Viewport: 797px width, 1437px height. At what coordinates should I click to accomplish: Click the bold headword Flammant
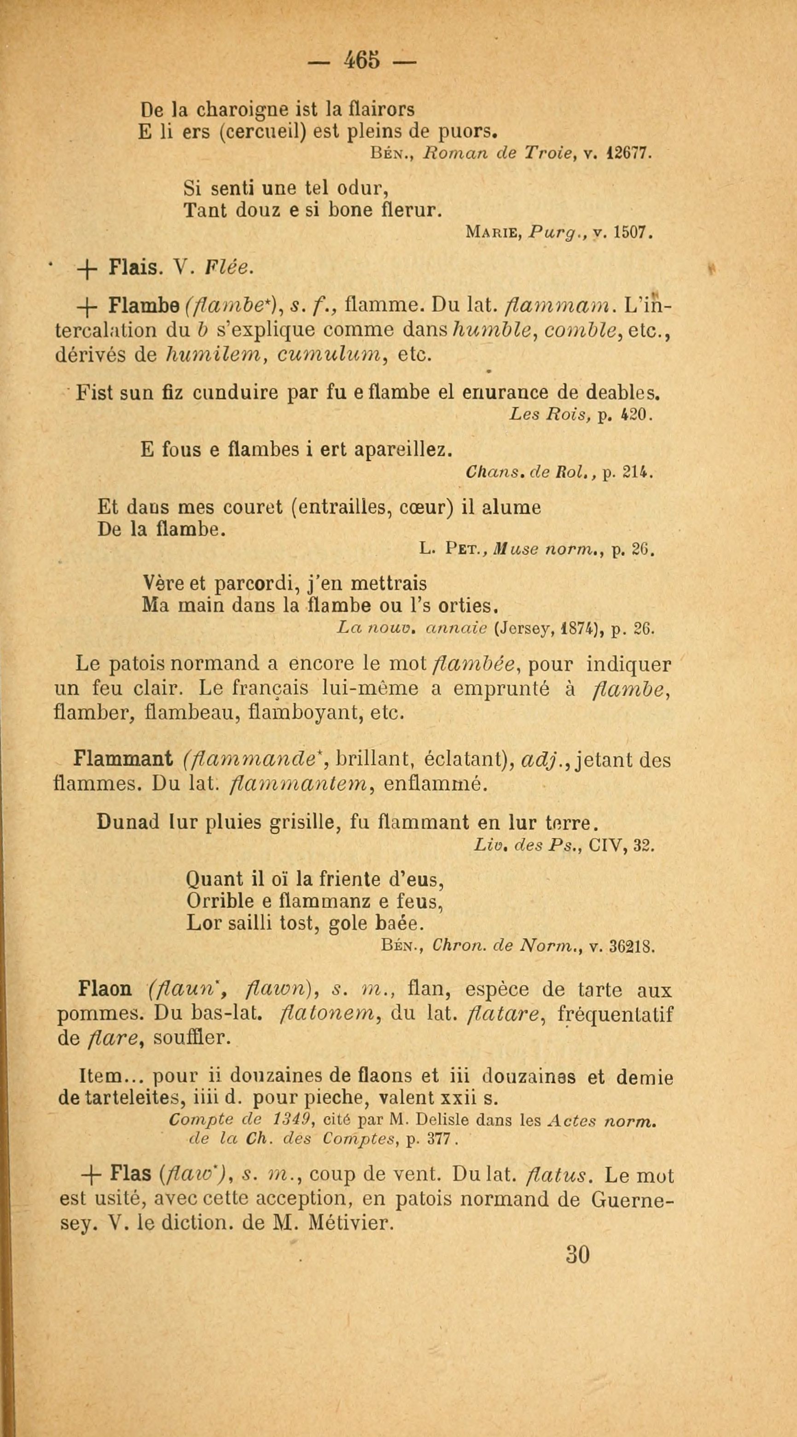tap(122, 759)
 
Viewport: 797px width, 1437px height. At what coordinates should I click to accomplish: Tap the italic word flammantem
tap(297, 784)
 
